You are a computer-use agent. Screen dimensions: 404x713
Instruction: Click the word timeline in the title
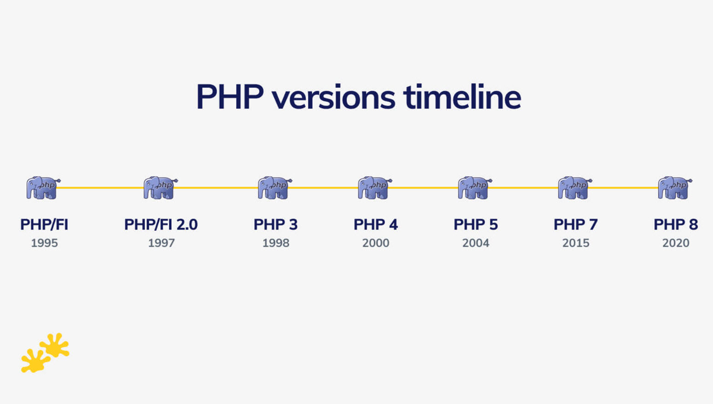tap(462, 97)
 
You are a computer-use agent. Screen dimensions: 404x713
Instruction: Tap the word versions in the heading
tap(333, 98)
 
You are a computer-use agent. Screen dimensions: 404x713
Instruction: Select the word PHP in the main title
tap(230, 97)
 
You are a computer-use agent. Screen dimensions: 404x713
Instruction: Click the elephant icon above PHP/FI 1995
tap(43, 187)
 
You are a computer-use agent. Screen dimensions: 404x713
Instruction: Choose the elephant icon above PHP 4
tap(375, 187)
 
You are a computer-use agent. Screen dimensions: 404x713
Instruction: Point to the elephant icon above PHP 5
tap(475, 187)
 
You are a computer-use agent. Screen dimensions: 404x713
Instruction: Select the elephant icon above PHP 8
tap(675, 187)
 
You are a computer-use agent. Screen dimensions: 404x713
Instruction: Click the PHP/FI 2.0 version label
tap(161, 225)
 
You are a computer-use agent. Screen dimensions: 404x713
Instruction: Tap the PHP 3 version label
tap(275, 225)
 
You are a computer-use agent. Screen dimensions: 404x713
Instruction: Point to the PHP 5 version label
tap(475, 225)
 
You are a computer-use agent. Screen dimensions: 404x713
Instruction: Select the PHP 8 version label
tap(675, 225)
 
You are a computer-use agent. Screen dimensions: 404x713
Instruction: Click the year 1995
tap(44, 243)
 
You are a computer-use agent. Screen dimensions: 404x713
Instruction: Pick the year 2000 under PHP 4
tap(376, 243)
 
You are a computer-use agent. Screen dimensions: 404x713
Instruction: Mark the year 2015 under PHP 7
tap(575, 243)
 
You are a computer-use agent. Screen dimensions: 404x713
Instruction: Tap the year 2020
tap(675, 243)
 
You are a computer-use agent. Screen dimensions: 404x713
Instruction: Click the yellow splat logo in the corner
tap(45, 353)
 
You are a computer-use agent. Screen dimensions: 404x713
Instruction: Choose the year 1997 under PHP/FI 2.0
tap(161, 243)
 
